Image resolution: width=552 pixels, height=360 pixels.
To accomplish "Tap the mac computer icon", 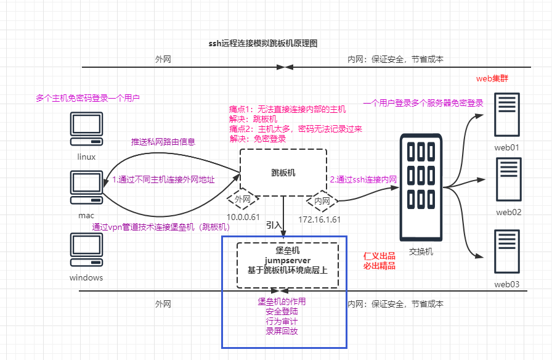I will [x=86, y=187].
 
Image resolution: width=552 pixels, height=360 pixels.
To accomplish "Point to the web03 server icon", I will [x=507, y=252].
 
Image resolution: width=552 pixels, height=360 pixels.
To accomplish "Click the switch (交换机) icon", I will [x=421, y=187].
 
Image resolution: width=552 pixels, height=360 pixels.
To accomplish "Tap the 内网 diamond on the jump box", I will [x=322, y=200].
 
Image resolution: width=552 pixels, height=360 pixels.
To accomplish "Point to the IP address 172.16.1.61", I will [x=320, y=219].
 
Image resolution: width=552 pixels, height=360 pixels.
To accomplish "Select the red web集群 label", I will [x=492, y=79].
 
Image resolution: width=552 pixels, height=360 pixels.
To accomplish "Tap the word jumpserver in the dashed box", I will [x=287, y=260].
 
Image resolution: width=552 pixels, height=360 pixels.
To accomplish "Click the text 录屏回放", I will [x=282, y=331].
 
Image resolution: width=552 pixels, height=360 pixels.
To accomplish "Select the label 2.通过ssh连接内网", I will [x=363, y=179].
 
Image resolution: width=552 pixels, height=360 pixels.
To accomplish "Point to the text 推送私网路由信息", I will [x=163, y=142].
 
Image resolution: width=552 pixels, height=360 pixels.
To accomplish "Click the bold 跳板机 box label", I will [x=283, y=173].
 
